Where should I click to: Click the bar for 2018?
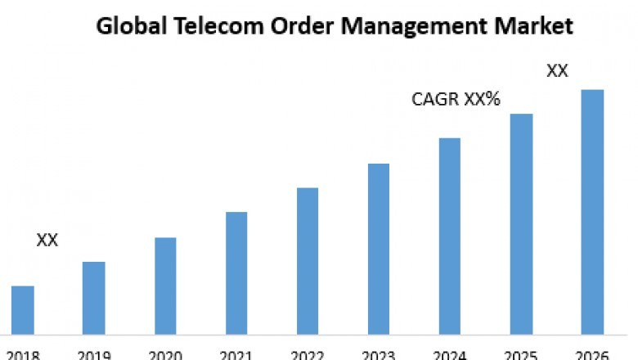(x=23, y=310)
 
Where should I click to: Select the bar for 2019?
(x=94, y=298)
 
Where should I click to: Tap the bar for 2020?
(x=165, y=286)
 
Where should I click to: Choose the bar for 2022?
(x=308, y=261)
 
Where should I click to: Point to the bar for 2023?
(x=379, y=249)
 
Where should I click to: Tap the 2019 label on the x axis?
(x=94, y=354)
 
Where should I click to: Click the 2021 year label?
(x=236, y=354)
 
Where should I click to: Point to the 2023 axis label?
(x=379, y=354)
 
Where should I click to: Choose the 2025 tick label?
(x=521, y=354)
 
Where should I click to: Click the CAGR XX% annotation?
(x=456, y=101)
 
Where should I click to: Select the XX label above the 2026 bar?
(x=557, y=71)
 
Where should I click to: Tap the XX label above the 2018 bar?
(x=47, y=241)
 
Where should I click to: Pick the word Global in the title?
(x=123, y=26)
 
